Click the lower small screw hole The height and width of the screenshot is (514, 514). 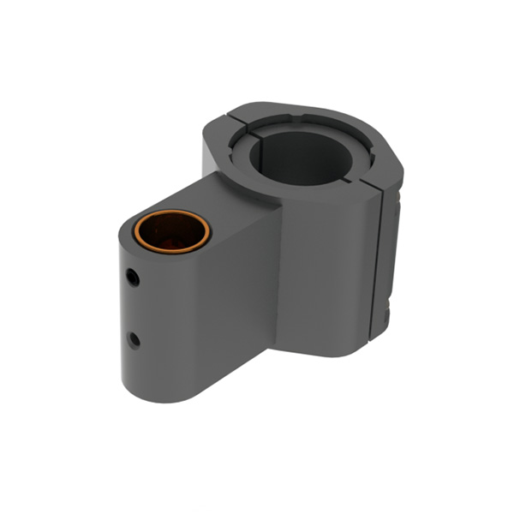pyautogui.click(x=134, y=339)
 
